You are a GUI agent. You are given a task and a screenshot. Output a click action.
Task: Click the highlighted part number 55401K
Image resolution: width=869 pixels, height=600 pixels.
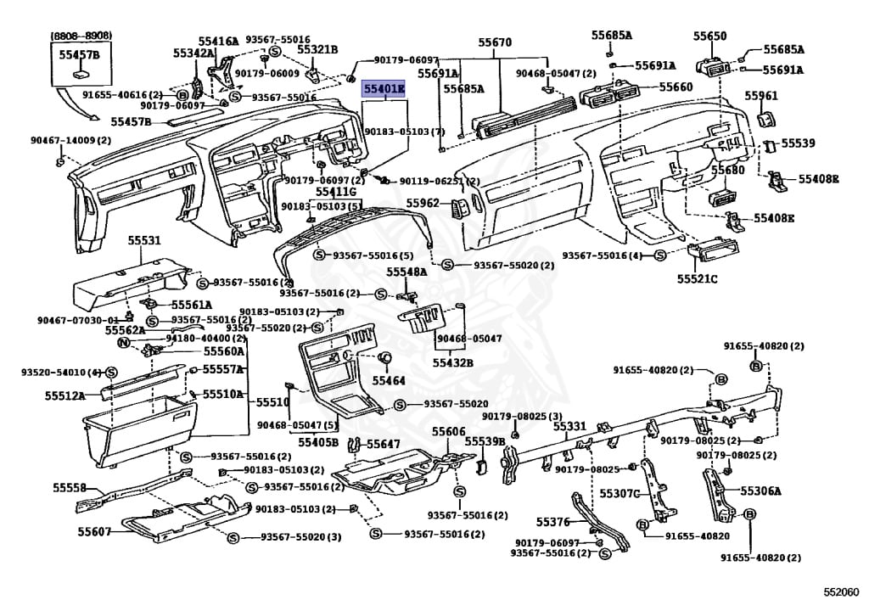(384, 89)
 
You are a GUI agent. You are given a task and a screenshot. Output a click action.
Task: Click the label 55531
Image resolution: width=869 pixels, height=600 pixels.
(144, 241)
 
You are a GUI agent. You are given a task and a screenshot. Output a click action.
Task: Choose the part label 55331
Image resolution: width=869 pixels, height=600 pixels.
(570, 426)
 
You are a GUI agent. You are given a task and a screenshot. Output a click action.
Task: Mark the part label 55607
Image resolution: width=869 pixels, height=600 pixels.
(94, 531)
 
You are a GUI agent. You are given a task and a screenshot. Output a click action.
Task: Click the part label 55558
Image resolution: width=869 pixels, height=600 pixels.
(70, 488)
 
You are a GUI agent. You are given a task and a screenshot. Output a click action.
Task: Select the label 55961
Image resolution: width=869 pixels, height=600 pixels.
(761, 97)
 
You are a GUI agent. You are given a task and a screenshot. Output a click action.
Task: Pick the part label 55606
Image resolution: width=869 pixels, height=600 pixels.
(448, 433)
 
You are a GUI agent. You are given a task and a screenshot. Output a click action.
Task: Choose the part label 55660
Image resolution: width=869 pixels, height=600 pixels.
(676, 87)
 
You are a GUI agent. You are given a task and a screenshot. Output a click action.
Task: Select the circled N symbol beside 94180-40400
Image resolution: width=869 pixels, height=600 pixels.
(123, 343)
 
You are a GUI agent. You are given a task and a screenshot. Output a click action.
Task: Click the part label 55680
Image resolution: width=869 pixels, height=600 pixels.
(727, 171)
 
